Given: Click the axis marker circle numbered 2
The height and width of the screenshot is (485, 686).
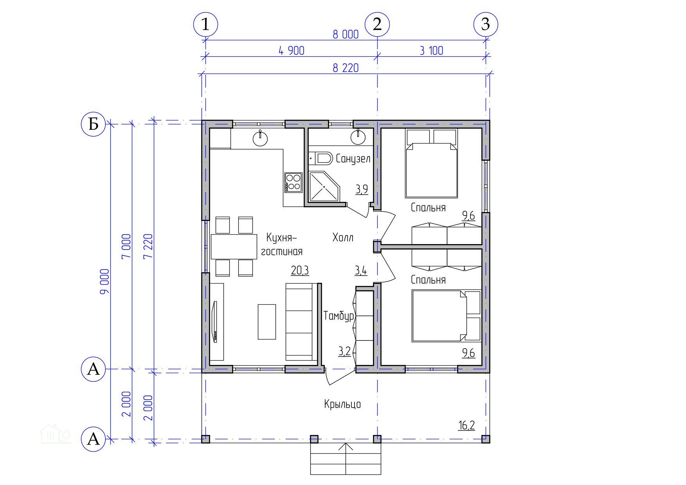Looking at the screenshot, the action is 377,24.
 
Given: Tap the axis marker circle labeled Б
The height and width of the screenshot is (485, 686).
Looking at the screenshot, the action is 93,124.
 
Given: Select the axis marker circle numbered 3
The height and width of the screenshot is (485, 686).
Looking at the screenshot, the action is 485,24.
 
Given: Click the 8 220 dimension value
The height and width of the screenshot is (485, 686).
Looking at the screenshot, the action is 346,68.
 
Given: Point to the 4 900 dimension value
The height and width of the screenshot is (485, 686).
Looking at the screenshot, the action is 291,51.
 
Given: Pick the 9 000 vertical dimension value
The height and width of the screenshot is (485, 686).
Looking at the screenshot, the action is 105,282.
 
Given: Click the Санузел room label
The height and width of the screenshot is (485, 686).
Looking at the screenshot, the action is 353,159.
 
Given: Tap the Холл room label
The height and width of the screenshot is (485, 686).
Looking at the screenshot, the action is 343,237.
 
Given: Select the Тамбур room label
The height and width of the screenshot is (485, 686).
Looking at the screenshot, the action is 339,316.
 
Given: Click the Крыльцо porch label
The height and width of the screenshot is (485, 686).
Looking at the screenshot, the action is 342,404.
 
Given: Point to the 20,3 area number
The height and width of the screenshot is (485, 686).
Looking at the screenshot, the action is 300,270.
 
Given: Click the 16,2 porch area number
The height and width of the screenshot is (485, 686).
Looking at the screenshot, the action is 466,425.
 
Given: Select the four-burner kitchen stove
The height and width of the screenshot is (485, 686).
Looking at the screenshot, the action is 293,182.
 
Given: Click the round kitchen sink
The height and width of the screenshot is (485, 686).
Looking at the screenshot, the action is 260,138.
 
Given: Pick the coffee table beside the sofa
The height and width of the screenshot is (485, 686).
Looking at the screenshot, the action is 266,322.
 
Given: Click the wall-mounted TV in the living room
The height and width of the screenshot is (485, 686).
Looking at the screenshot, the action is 214,322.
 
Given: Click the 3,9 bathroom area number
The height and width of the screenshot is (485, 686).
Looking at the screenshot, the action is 362,190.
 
